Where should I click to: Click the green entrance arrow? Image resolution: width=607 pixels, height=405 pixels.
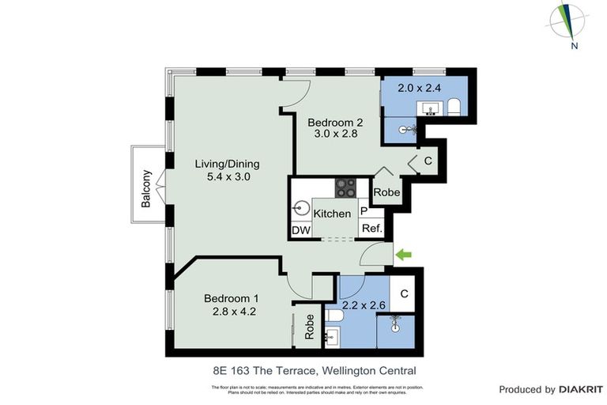click(x=404, y=254)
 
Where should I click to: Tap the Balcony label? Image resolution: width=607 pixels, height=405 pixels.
click(x=146, y=189)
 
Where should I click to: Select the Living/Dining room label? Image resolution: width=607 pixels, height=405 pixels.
click(x=228, y=164)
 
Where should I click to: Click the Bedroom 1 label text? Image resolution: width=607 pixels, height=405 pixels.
click(x=231, y=298)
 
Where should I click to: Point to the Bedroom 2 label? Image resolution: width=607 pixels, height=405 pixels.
click(x=335, y=123)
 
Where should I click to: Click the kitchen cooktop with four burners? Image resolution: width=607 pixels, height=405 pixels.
click(x=346, y=187)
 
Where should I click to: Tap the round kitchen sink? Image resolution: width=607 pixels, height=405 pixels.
click(x=301, y=210)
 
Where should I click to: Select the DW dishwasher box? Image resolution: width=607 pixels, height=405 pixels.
click(x=301, y=229)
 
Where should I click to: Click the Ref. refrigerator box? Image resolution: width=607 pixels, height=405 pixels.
click(x=372, y=229)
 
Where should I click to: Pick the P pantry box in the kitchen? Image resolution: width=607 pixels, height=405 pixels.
click(x=364, y=211)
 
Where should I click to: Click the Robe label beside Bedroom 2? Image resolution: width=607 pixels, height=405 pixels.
click(x=386, y=192)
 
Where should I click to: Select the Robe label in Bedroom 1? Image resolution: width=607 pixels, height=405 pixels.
click(x=309, y=326)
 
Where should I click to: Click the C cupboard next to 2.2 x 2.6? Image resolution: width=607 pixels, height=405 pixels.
click(x=403, y=293)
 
